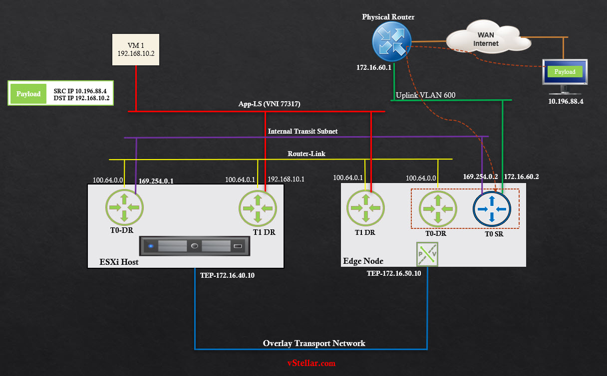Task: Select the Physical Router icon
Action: pyautogui.click(x=391, y=41)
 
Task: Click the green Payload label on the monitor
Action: pyautogui.click(x=565, y=72)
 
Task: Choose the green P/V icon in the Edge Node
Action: pyautogui.click(x=427, y=254)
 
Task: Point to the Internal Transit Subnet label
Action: pyautogui.click(x=303, y=131)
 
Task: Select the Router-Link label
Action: pyautogui.click(x=306, y=154)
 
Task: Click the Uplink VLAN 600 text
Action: pyautogui.click(x=425, y=95)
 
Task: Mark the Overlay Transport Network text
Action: pyautogui.click(x=314, y=343)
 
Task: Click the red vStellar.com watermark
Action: pyautogui.click(x=311, y=363)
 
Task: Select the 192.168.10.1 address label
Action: pyautogui.click(x=286, y=180)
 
